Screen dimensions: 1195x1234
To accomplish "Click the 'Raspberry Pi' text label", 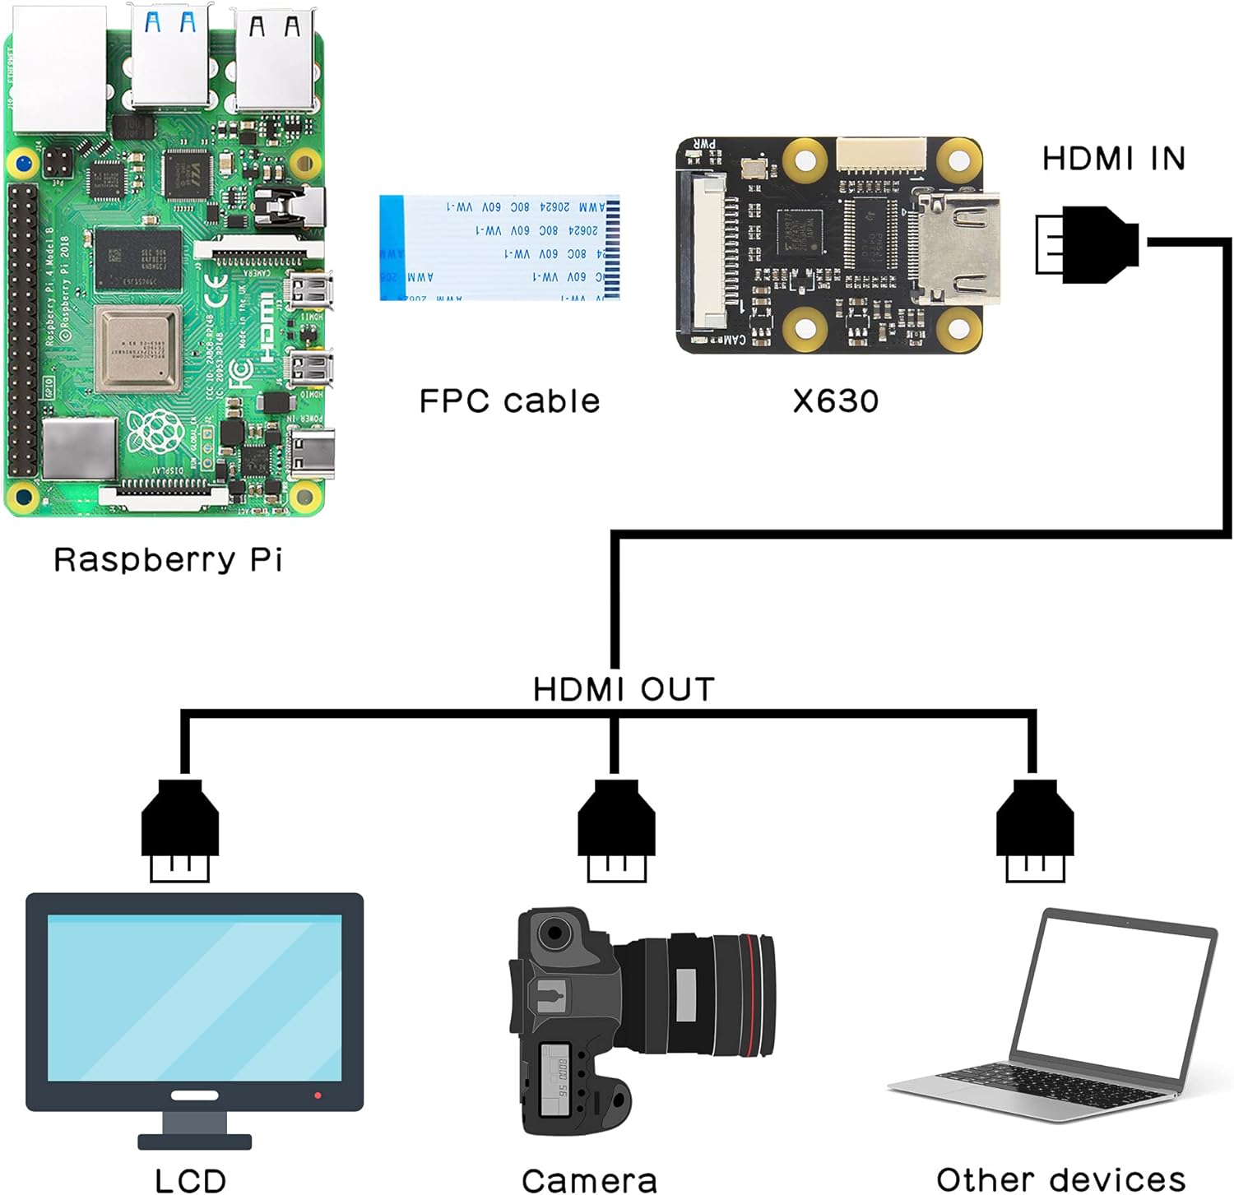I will coord(168,560).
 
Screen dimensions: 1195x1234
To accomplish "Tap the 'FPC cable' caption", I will coord(509,401).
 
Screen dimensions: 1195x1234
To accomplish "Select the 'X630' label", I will coord(835,401).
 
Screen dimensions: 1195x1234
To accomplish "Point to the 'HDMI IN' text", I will coord(1113,159).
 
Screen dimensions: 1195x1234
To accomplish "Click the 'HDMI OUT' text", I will coord(624,689).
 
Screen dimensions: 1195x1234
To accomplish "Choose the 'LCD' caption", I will coord(190,1179).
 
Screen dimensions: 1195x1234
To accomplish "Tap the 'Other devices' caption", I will coord(1060,1179).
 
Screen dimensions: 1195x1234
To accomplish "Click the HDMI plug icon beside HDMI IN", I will coord(1086,244).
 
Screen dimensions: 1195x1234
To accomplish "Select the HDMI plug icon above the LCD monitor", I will coord(180,831).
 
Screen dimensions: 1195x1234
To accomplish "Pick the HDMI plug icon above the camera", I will coord(616,831).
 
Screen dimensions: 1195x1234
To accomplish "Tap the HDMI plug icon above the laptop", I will coord(1034,831).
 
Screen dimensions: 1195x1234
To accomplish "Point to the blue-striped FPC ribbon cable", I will coord(499,248).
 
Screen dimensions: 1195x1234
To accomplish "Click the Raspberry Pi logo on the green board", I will coord(155,432).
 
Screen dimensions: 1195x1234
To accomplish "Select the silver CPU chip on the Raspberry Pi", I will coord(137,349).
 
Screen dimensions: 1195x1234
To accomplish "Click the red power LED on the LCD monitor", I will coord(318,1095).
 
